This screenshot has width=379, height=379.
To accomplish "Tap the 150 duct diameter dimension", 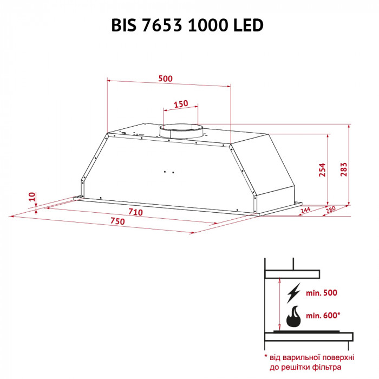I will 181,103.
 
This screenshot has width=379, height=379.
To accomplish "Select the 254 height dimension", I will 322,170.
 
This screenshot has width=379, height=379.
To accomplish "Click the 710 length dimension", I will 135,212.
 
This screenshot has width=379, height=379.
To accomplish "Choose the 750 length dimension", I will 117,221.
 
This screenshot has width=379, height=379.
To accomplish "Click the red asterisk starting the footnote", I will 266,357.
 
